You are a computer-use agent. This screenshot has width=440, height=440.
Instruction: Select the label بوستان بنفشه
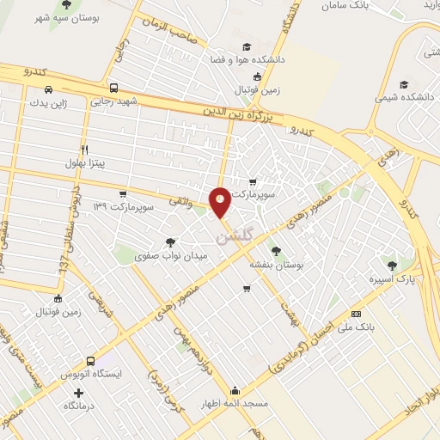273,266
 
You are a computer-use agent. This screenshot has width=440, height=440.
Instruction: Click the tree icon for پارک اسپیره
392,265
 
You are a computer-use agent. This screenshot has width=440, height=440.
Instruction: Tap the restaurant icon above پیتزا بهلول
84,149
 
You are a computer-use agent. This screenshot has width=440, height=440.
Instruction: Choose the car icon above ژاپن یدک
49,89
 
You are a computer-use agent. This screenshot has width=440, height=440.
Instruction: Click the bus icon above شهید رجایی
114,88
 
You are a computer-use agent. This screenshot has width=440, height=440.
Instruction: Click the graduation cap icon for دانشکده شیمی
404,85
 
